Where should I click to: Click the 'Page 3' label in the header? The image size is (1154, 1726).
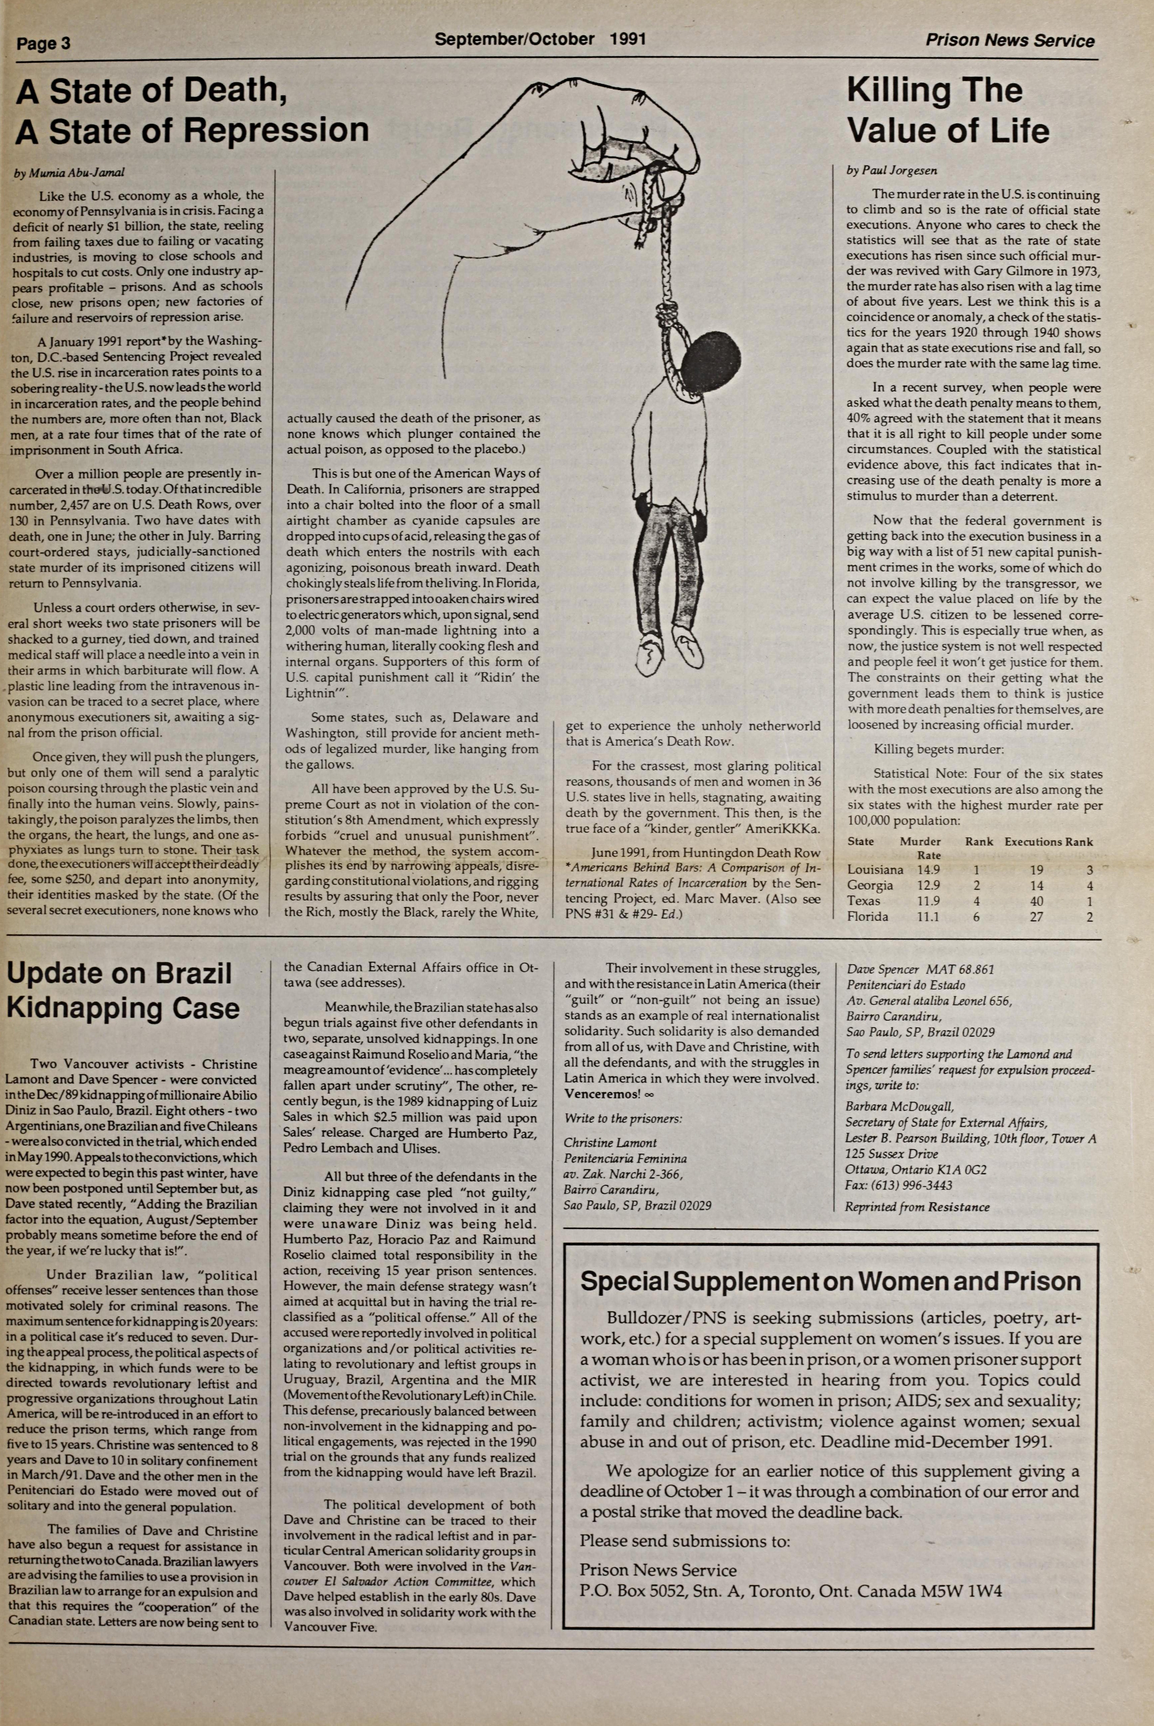[43, 43]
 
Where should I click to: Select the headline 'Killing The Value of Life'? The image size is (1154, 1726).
[947, 110]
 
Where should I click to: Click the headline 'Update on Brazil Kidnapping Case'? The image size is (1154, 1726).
[123, 990]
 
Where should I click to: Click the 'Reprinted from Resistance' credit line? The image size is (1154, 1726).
[917, 1207]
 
